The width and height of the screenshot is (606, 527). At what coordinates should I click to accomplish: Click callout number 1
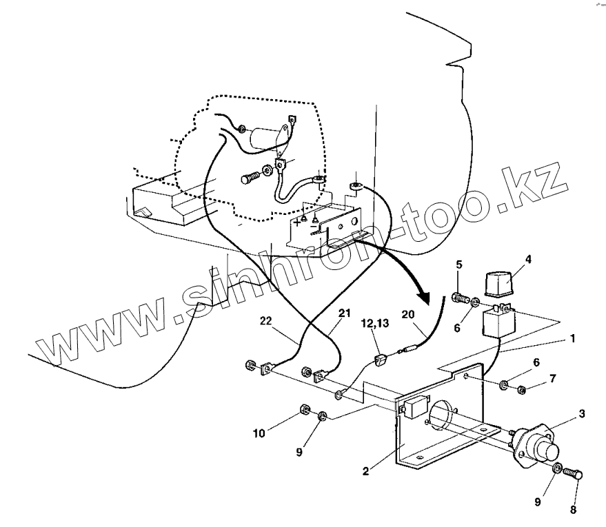point(573,339)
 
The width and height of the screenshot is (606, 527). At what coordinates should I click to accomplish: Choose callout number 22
point(265,321)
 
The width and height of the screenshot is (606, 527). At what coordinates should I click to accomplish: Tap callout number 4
point(528,260)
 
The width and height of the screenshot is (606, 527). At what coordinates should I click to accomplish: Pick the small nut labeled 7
point(521,391)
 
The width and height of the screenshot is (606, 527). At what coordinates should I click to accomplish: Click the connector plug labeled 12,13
point(381,359)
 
